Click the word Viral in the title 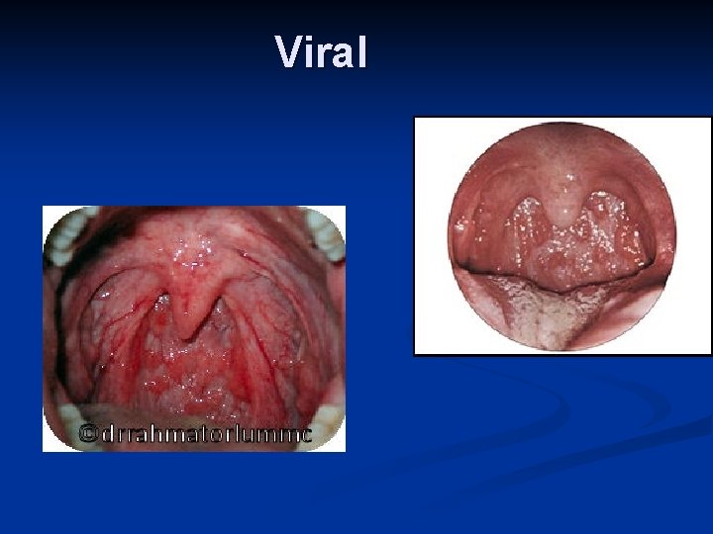pos(322,51)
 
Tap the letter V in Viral pos(288,51)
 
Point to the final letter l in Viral pos(361,51)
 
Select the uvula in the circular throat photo pos(562,210)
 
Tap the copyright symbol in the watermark pos(89,433)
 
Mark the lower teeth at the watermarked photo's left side pos(67,420)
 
